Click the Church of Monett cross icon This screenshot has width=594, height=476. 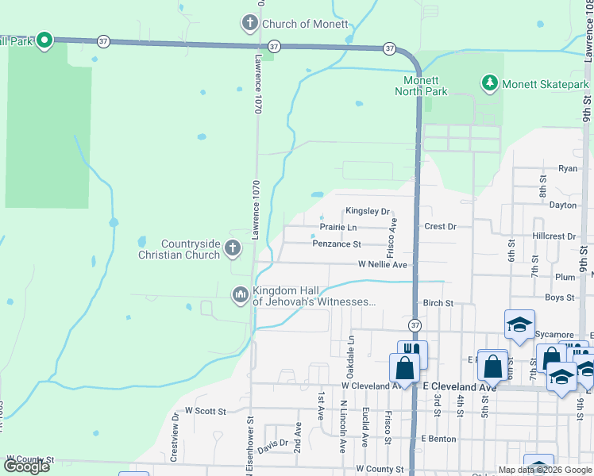(x=250, y=23)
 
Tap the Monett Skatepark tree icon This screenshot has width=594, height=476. (x=490, y=83)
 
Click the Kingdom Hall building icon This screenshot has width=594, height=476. (x=240, y=295)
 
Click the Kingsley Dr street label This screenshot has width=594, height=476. (x=367, y=212)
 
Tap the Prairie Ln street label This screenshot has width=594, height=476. (x=337, y=228)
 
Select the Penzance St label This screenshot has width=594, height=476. (x=337, y=244)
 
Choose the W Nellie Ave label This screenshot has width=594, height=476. (x=382, y=265)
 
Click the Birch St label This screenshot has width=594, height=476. (x=438, y=303)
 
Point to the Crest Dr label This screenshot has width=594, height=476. (x=440, y=227)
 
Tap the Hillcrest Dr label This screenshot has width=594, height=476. (x=554, y=236)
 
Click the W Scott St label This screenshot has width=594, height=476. (x=206, y=412)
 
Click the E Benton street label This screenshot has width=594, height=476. (x=438, y=439)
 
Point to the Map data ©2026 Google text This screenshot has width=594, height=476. (x=544, y=470)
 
